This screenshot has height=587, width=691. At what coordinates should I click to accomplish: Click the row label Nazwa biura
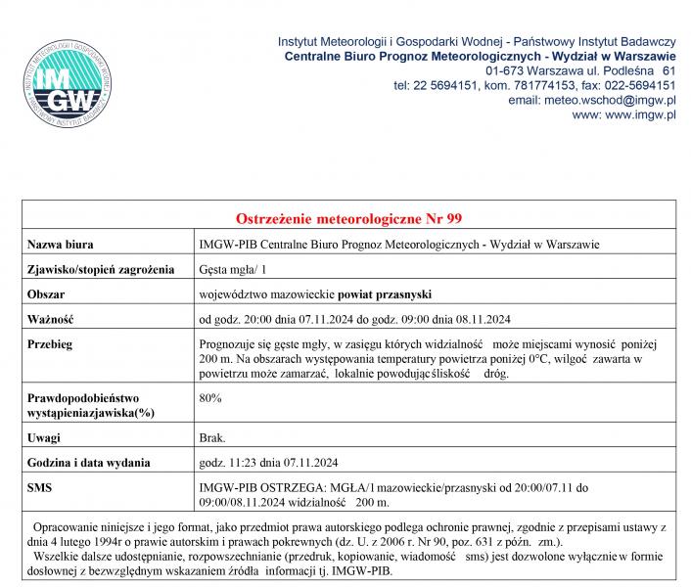(x=61, y=244)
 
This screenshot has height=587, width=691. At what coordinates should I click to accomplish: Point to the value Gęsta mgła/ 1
(x=232, y=268)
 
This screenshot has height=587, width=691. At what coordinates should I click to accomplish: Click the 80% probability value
(x=209, y=398)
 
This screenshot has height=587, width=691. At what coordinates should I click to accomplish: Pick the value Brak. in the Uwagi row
(x=212, y=437)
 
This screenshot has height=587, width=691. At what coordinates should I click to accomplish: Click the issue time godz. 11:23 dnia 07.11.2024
(x=268, y=462)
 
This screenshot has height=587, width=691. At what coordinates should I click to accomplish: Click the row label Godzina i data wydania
(x=88, y=462)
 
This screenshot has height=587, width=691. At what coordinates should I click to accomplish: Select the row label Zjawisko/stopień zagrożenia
(x=101, y=268)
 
